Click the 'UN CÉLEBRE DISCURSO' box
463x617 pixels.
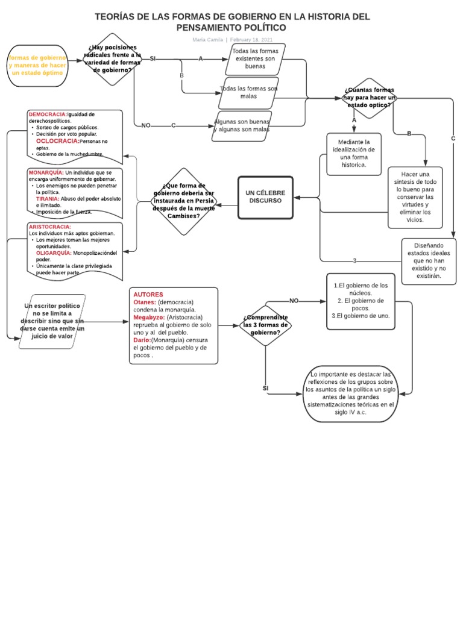265,197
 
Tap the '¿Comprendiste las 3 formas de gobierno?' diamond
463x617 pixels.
265,325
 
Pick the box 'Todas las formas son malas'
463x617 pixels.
248,92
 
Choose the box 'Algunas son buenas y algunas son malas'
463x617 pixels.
242,125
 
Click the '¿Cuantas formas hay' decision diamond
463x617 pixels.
369,98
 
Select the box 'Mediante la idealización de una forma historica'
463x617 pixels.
354,154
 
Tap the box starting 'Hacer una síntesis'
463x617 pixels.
415,197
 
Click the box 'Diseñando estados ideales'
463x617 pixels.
429,261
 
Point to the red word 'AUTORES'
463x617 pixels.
148,295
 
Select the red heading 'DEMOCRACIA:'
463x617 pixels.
48,114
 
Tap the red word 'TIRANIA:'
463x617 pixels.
47,198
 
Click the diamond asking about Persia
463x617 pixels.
184,201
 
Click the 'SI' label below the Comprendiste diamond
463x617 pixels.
265,389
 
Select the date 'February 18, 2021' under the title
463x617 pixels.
251,40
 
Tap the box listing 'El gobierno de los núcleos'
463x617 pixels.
361,301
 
